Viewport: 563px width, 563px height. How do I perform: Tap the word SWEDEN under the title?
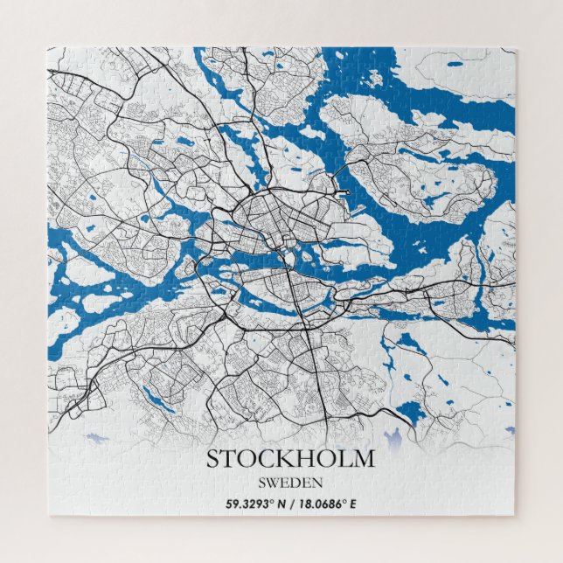click(x=290, y=482)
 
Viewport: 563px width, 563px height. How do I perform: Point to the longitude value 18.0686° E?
click(x=325, y=504)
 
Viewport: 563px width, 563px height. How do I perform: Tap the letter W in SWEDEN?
click(x=274, y=482)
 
